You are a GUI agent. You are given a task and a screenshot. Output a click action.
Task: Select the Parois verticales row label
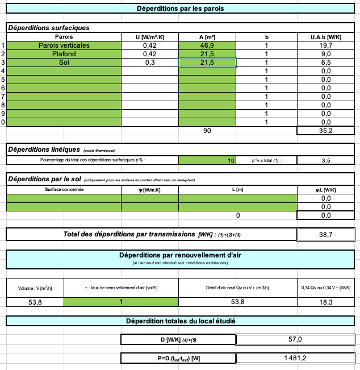pos(64,45)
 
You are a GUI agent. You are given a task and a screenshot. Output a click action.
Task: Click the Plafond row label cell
pos(64,54)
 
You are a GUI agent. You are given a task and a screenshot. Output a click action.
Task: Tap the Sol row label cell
pos(64,63)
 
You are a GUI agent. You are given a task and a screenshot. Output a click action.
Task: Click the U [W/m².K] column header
pos(149,37)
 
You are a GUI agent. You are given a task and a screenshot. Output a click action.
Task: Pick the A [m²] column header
pos(207,37)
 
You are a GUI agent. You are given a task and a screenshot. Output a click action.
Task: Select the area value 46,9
pos(207,45)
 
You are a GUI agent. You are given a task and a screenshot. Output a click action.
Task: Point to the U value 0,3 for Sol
pos(149,63)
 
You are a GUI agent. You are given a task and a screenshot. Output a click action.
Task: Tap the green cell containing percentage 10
pos(207,161)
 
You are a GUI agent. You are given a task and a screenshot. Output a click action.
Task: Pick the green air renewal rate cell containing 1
pos(120,302)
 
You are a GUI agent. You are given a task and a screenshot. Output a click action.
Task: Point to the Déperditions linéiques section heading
pos(43,149)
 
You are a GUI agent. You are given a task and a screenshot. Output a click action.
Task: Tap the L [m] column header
pos(237,189)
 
